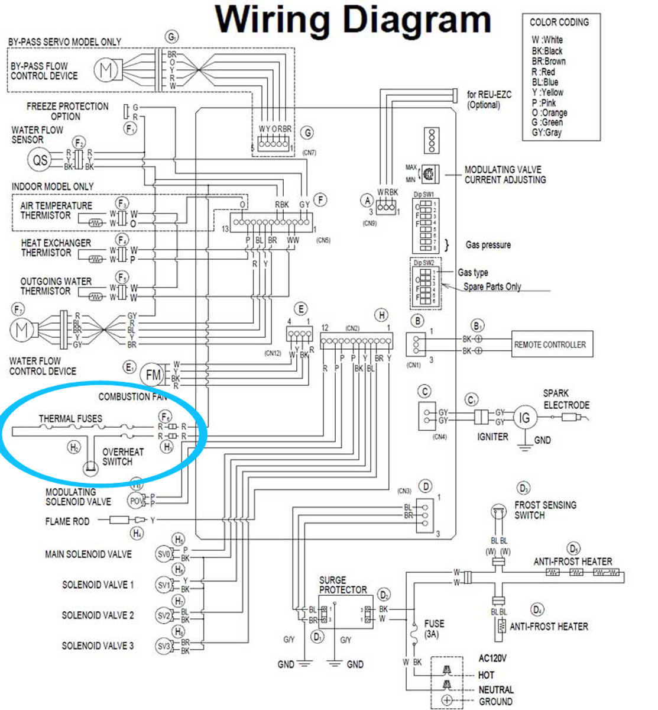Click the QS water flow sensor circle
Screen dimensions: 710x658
tap(40, 160)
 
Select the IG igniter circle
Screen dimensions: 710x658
tap(524, 418)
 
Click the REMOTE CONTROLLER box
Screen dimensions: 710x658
tap(549, 344)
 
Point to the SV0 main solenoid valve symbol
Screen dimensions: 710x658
tap(164, 554)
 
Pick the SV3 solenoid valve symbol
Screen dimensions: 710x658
tap(164, 646)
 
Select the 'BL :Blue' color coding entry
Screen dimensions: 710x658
tap(544, 82)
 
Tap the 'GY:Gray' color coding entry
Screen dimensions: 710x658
tap(546, 133)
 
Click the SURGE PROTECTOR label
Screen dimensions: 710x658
tap(343, 585)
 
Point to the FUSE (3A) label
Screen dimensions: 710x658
tap(434, 628)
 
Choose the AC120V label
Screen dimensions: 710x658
tap(492, 658)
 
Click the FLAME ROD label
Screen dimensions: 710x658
tap(67, 521)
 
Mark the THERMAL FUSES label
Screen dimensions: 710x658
tap(70, 418)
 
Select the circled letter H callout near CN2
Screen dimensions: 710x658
tap(383, 315)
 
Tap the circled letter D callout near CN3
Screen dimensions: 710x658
tap(425, 486)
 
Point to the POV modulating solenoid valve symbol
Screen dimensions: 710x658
tap(136, 501)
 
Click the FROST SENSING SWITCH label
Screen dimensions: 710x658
tap(544, 510)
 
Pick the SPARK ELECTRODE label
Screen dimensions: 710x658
tap(566, 399)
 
